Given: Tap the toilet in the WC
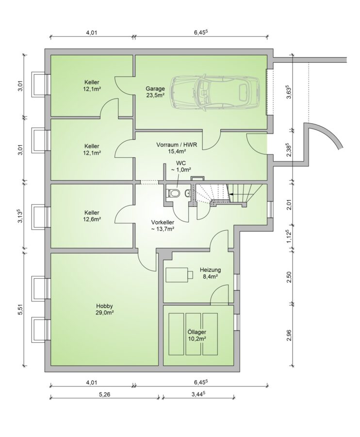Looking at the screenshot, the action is [x=174, y=193].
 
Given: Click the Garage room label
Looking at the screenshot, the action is [x=155, y=89].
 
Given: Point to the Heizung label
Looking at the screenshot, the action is [x=210, y=270].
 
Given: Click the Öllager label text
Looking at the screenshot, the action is [x=196, y=332].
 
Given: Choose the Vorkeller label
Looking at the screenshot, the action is [x=163, y=222].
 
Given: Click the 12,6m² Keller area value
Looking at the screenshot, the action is [x=92, y=219].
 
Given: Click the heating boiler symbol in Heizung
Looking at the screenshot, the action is [x=180, y=274].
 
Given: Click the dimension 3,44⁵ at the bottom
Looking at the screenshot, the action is [x=199, y=395].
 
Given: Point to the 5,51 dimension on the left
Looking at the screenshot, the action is [x=20, y=309].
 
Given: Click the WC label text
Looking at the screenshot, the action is [x=180, y=163].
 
